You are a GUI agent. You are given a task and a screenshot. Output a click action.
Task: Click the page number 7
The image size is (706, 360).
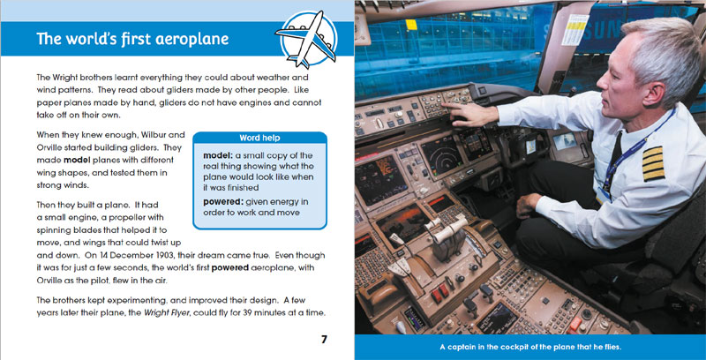click(x=325, y=340)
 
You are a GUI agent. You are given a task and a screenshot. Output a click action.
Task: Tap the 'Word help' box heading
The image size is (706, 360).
click(x=259, y=138)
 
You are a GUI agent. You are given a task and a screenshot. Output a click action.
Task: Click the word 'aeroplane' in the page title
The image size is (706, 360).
click(x=187, y=40)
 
